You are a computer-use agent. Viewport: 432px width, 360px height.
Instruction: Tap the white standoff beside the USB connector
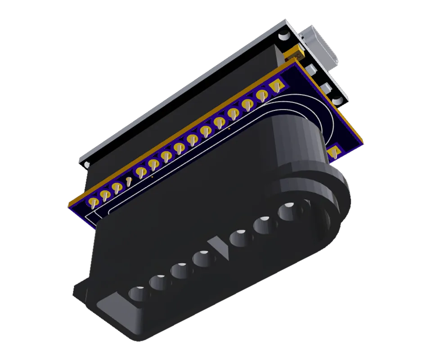point(284,36)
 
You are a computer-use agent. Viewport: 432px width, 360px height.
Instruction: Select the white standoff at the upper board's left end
point(86,163)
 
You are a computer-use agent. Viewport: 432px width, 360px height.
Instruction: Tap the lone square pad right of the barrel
point(334,152)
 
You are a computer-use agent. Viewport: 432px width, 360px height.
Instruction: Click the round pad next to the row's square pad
point(262,94)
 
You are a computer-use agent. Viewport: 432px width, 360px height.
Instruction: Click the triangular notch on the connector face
point(220,247)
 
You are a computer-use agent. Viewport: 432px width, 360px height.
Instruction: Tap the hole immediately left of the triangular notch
point(201,258)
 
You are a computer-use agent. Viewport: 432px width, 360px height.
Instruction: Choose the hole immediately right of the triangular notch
point(239,237)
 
